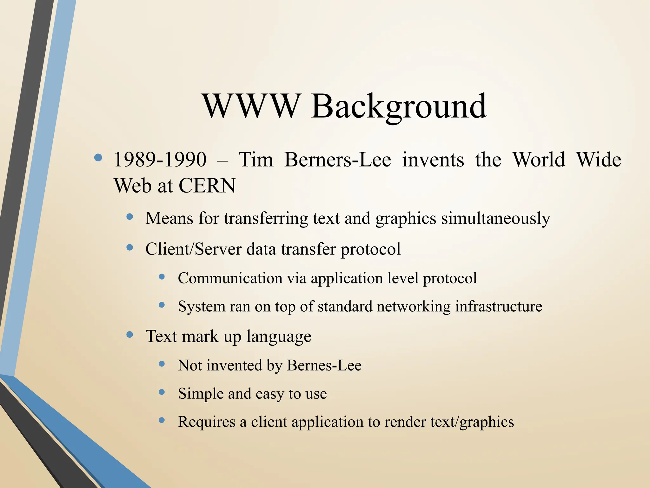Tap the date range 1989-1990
click(x=160, y=159)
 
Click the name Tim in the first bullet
click(x=256, y=159)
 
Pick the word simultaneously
click(x=495, y=219)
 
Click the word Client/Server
click(x=193, y=249)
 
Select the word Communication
click(x=230, y=278)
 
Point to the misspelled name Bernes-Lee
click(x=324, y=365)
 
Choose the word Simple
click(x=201, y=394)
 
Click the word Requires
click(x=207, y=422)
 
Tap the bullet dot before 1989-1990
click(x=98, y=158)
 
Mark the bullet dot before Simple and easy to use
click(x=162, y=392)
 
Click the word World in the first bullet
click(x=539, y=159)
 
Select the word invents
click(x=433, y=159)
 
